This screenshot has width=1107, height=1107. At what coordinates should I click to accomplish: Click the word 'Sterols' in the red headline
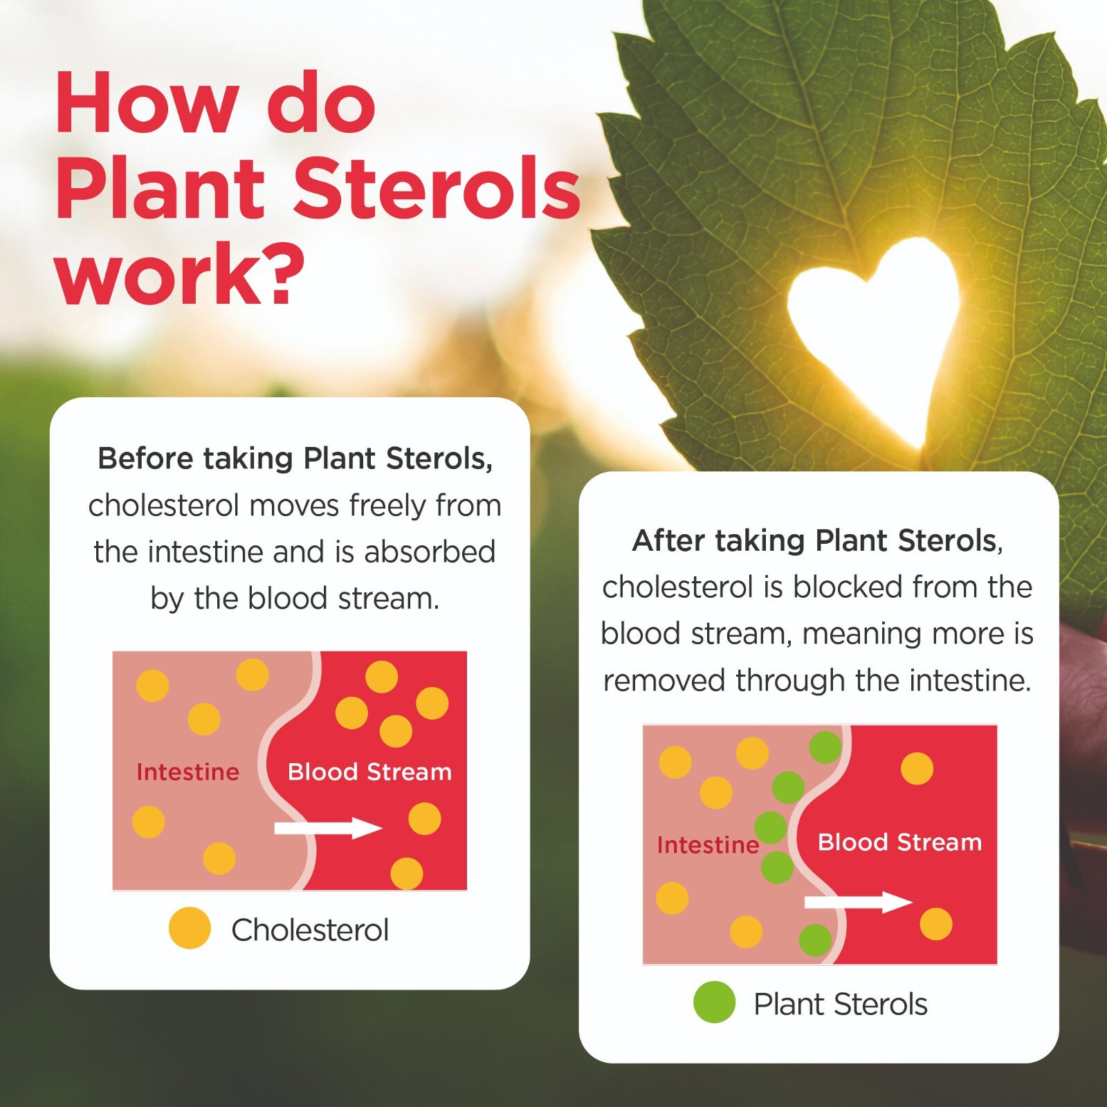click(x=437, y=188)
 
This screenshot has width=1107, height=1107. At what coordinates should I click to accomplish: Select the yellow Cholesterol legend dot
click(x=190, y=928)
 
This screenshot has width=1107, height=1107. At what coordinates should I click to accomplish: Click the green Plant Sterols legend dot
click(x=714, y=1002)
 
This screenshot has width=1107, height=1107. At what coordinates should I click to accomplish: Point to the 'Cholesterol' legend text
click(x=310, y=930)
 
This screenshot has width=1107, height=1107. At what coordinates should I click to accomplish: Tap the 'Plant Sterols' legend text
click(x=840, y=1004)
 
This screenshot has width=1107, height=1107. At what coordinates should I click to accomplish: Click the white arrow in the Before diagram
click(x=328, y=827)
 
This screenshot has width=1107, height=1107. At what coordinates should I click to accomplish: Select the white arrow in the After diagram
click(x=858, y=902)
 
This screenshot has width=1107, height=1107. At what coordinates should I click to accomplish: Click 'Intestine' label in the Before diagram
click(x=187, y=771)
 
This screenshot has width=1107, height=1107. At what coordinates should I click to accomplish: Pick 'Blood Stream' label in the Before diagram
click(x=369, y=771)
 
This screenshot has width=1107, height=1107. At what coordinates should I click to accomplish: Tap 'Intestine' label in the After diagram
click(x=708, y=845)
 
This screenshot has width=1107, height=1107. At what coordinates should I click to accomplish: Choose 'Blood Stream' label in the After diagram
click(x=899, y=842)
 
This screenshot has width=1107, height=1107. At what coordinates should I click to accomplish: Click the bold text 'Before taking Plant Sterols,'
click(x=295, y=458)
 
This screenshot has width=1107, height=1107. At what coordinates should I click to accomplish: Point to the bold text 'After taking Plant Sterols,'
click(x=817, y=540)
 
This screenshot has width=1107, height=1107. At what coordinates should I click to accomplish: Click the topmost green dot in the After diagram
click(x=825, y=747)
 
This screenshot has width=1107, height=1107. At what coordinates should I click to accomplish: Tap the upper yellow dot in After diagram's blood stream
click(x=917, y=769)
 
